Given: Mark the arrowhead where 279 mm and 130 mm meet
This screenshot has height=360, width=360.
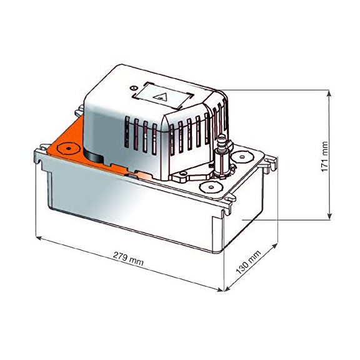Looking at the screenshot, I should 222,289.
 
